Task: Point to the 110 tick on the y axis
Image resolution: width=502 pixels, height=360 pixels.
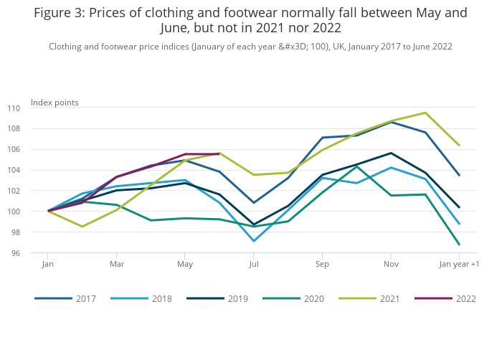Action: click(34, 108)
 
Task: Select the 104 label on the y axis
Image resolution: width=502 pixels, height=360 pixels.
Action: click(34, 171)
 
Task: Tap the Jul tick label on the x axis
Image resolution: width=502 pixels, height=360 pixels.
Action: click(254, 265)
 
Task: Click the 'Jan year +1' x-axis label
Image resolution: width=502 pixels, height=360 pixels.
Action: click(459, 265)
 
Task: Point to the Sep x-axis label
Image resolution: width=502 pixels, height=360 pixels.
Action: click(322, 265)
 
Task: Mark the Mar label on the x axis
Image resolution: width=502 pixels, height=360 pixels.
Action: click(116, 265)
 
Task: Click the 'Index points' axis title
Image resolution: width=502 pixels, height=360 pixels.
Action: click(55, 103)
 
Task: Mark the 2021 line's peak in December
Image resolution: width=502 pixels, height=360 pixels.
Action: click(425, 113)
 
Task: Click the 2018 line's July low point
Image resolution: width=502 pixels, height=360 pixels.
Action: click(254, 241)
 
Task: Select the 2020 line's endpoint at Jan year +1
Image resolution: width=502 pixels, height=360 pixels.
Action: click(459, 245)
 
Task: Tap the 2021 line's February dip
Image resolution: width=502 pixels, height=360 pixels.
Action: click(82, 227)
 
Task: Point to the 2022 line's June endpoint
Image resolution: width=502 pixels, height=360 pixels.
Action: click(219, 153)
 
